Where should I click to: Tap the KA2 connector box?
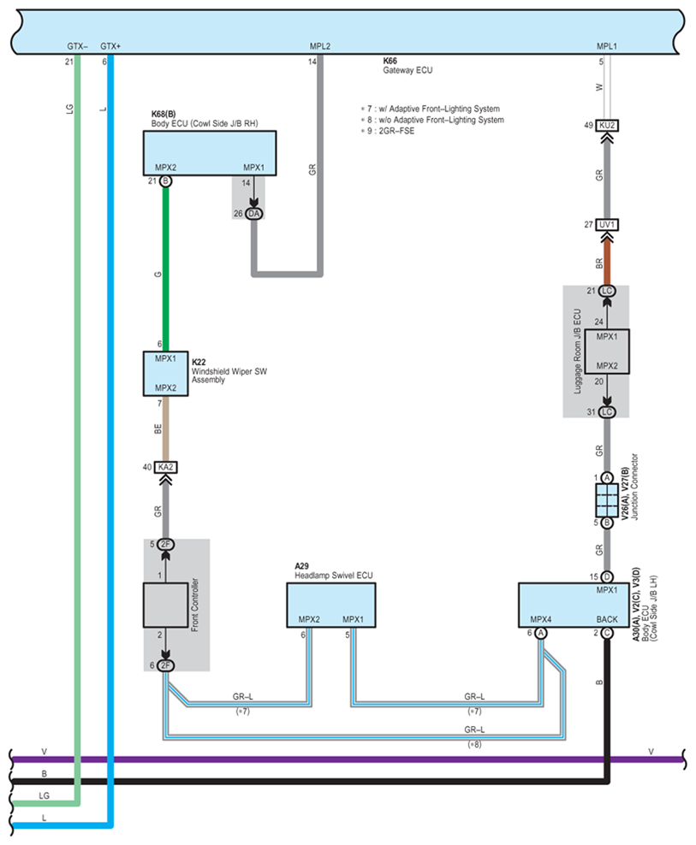point(165,467)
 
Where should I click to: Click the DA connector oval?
point(254,213)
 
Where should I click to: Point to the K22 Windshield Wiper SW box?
point(165,374)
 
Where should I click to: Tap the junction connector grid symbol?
point(606,499)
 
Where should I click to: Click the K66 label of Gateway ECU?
point(391,62)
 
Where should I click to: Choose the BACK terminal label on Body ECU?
point(606,619)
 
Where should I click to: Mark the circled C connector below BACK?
point(606,634)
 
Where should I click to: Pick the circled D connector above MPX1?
point(606,576)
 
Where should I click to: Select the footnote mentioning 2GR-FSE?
point(390,132)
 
